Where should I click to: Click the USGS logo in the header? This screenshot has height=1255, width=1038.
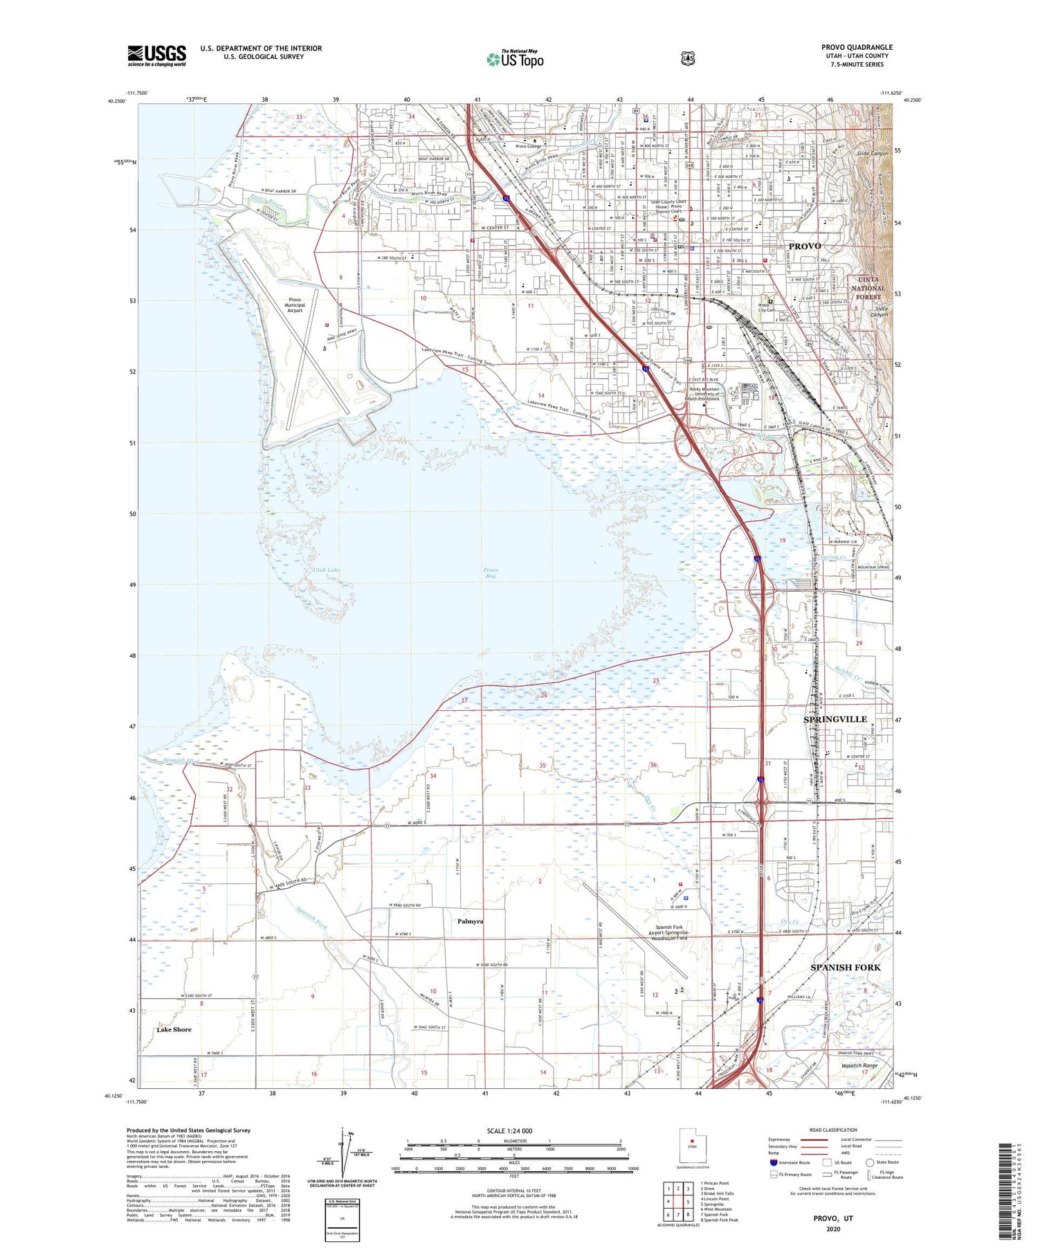156,55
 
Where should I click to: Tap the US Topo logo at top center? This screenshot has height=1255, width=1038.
515,60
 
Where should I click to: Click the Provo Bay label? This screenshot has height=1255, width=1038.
490,572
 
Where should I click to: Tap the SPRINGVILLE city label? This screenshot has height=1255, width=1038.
835,719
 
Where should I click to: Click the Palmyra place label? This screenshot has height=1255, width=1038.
470,921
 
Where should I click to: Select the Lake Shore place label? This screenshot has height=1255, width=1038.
174,1029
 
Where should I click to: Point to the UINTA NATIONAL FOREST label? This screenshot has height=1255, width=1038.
867,289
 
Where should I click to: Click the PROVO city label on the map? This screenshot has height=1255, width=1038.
804,246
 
